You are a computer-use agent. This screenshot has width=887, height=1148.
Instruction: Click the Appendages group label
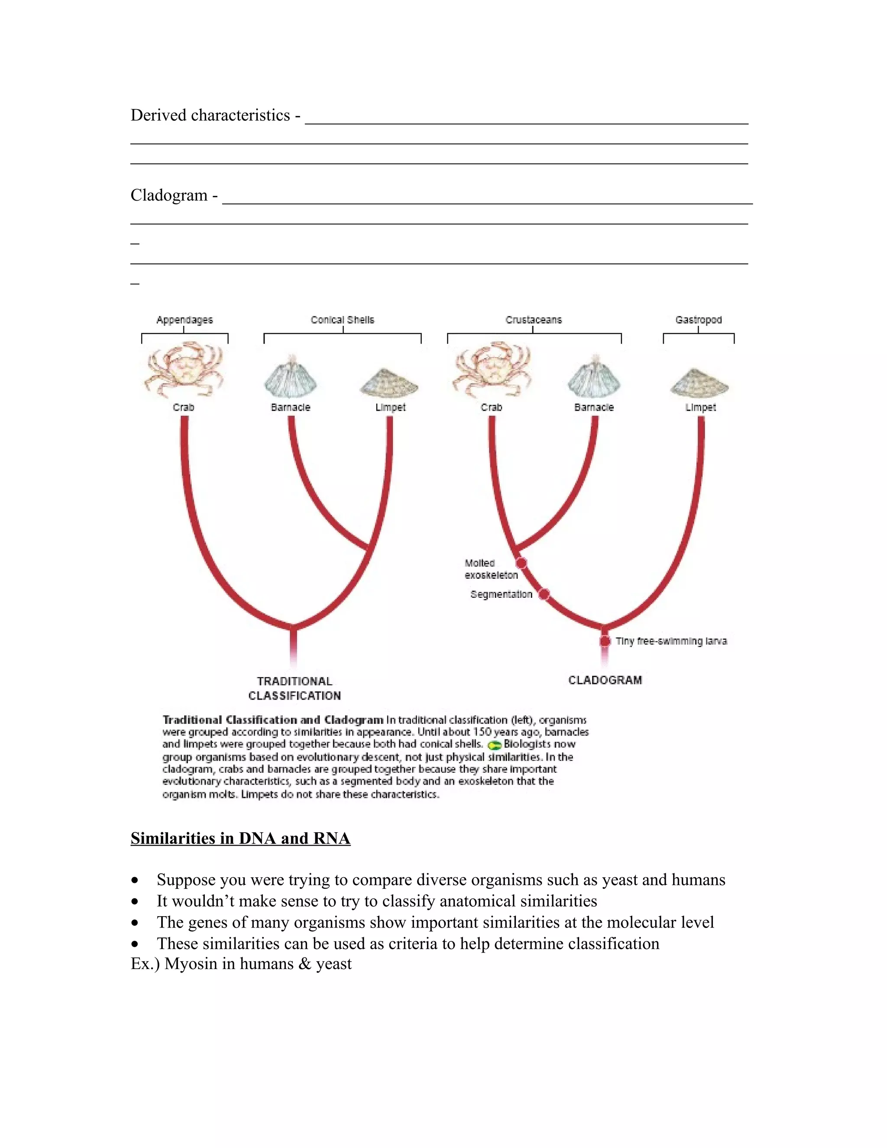pos(185,320)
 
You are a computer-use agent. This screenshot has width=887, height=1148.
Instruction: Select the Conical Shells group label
pos(342,320)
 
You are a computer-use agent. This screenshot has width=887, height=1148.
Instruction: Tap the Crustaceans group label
pos(533,320)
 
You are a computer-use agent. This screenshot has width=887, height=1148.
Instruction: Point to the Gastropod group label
pos(698,320)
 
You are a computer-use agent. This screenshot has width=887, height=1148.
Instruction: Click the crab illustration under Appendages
pos(184,370)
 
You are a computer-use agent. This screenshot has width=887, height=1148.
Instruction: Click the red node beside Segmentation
pos(544,594)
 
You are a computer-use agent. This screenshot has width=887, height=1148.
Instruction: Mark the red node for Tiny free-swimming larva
pos(605,641)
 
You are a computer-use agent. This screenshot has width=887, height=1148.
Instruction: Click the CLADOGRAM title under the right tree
pos(605,680)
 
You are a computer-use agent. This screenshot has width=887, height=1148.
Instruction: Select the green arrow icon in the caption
pos(494,745)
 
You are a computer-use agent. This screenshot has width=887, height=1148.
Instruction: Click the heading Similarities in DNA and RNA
pos(240,838)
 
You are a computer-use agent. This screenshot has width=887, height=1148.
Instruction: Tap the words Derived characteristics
pos(210,115)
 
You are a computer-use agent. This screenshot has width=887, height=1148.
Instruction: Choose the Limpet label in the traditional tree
pos(390,407)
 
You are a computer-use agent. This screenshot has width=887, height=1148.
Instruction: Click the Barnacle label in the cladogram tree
pos(594,407)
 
